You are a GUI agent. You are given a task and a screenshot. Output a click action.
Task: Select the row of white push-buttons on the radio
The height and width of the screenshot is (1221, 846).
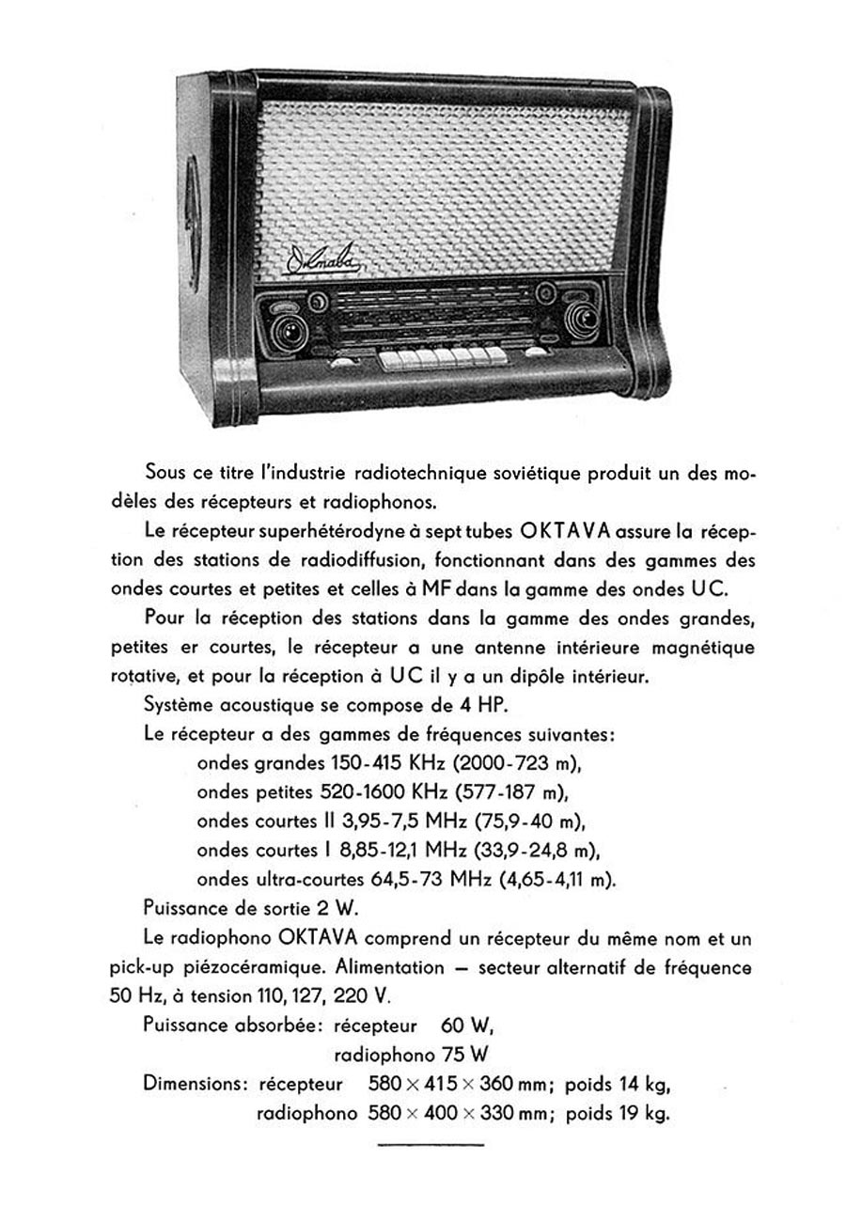click(443, 355)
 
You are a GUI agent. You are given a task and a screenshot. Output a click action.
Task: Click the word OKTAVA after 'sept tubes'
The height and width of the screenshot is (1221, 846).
click(566, 531)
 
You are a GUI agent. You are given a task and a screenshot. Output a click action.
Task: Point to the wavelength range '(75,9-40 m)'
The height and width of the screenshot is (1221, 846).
click(532, 821)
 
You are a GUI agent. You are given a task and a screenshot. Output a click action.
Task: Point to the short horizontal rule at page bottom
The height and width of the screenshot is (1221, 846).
click(431, 1144)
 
